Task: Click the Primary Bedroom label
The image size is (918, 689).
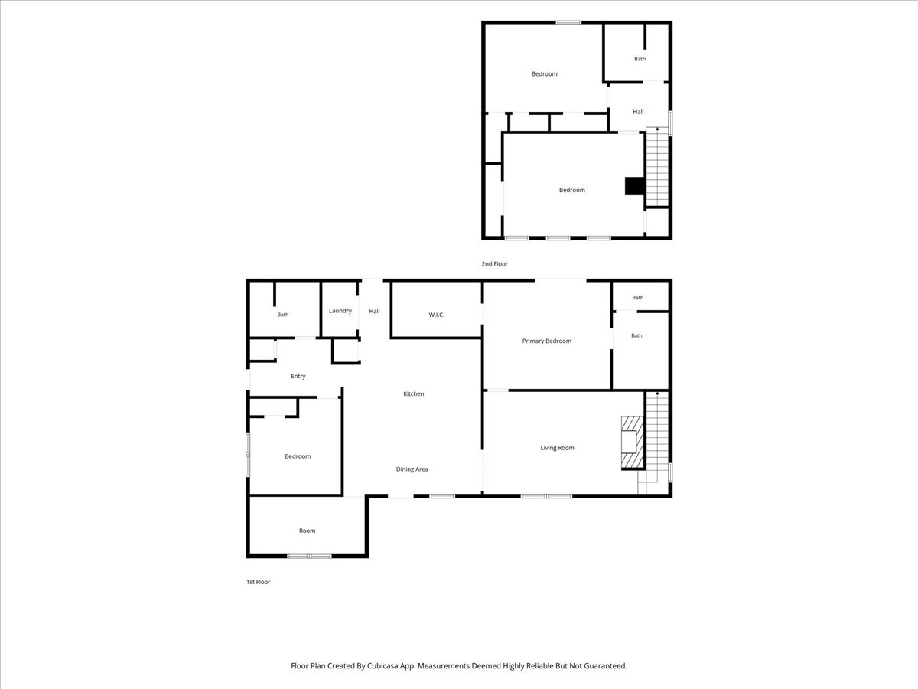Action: (x=547, y=341)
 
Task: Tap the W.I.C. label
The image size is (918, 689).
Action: (x=436, y=315)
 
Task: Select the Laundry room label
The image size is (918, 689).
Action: (x=340, y=311)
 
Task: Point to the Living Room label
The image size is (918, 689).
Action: (x=557, y=448)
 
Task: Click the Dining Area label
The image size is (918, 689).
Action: (x=412, y=469)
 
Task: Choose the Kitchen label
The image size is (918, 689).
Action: (x=414, y=393)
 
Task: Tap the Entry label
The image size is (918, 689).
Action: (x=298, y=376)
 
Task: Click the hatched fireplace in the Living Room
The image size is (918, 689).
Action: (x=633, y=442)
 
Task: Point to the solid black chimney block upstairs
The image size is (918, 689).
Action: (x=634, y=186)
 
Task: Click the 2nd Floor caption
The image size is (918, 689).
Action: (x=494, y=263)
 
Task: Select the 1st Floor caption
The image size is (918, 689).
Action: (x=258, y=582)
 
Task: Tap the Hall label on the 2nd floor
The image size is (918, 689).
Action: (x=638, y=112)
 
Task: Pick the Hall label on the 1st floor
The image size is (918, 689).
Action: (x=374, y=311)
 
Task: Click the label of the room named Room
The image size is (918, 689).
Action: (x=307, y=531)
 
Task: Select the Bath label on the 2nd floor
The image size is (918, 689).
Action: (x=640, y=59)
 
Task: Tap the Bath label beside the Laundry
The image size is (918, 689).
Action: (x=283, y=315)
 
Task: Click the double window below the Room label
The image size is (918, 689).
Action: (x=310, y=556)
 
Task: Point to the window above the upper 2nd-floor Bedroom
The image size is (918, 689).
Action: (x=568, y=23)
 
